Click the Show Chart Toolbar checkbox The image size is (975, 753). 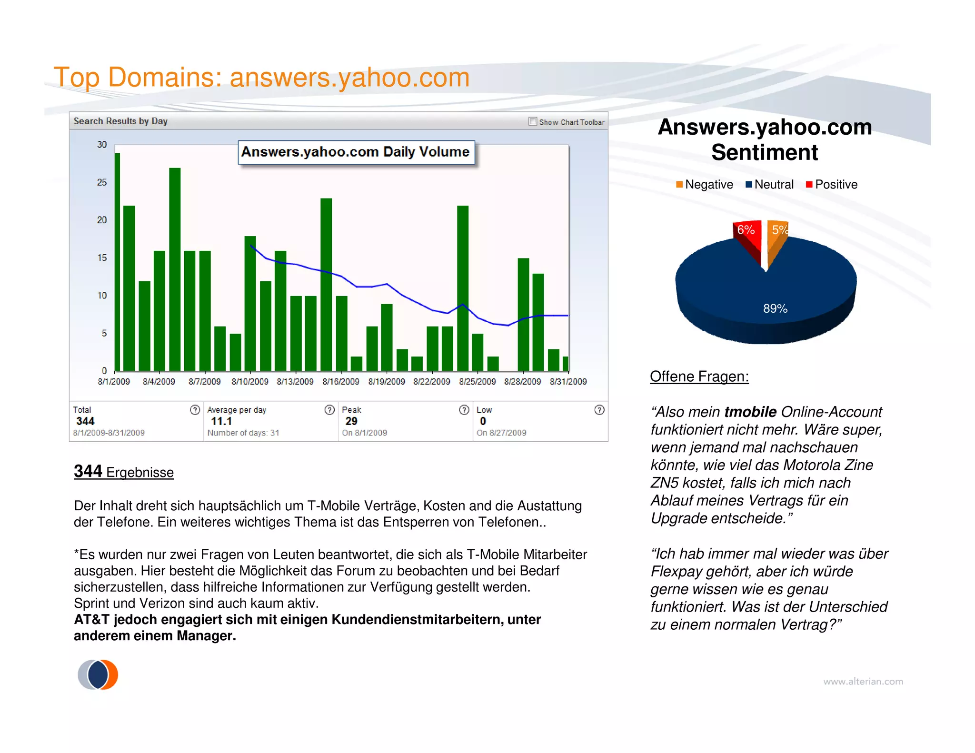(x=533, y=121)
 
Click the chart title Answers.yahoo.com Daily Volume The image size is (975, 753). (x=356, y=152)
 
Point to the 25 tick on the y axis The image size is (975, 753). (x=102, y=182)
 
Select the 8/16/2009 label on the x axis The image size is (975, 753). (x=340, y=382)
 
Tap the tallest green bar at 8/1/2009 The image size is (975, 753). (x=117, y=262)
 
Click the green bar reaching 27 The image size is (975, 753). (x=175, y=269)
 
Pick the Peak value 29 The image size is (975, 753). (x=351, y=421)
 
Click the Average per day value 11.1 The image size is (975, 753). (x=221, y=421)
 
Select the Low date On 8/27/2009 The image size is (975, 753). (x=501, y=433)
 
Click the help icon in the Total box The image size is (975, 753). (x=195, y=410)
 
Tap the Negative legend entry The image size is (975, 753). (x=705, y=185)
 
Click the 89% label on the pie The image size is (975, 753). (x=775, y=308)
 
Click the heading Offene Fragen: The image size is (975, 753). (x=699, y=376)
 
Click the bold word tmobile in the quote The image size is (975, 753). (x=750, y=412)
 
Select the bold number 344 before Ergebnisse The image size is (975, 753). (x=88, y=471)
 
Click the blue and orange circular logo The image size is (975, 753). (x=98, y=674)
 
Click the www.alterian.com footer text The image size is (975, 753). (x=863, y=682)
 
